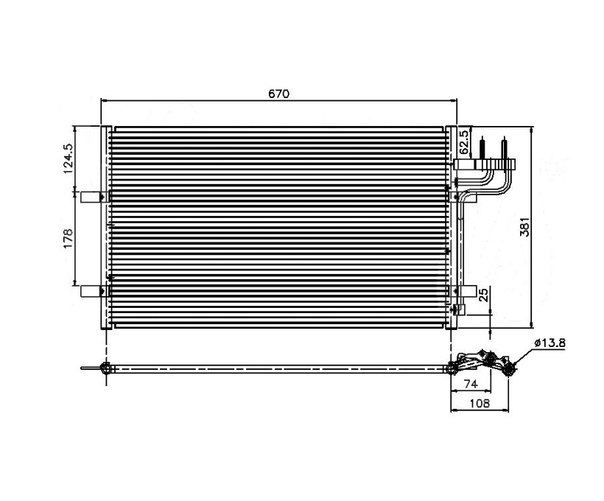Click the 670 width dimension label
point(278,94)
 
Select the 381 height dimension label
point(524,227)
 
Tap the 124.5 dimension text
point(69,158)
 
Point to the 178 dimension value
point(69,239)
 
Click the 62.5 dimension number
point(464,141)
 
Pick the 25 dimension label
point(484,295)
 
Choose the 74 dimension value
point(471,384)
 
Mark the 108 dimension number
point(480,403)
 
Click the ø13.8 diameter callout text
point(549,343)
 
